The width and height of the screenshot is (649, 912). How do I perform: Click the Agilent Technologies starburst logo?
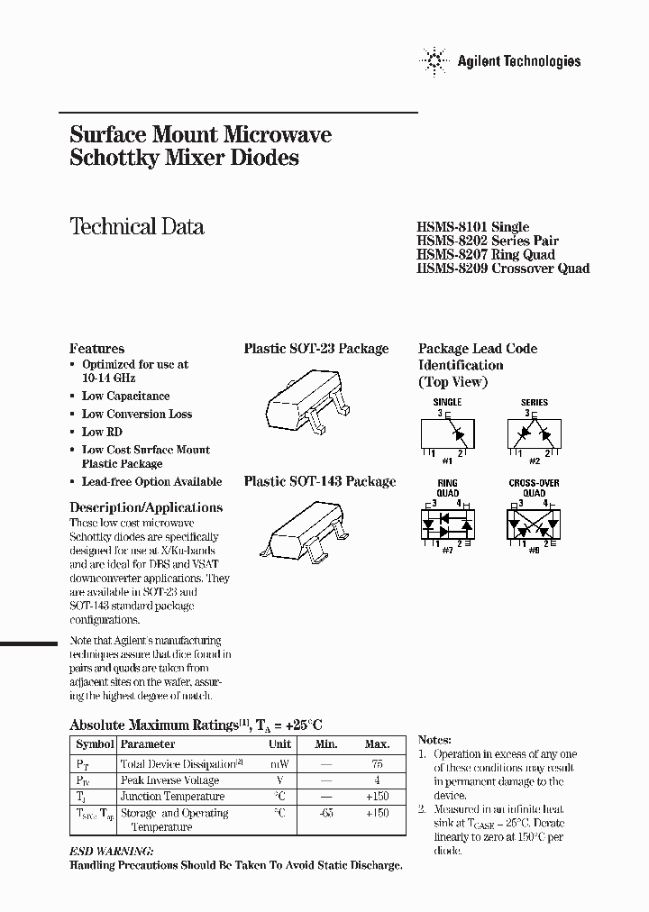click(433, 61)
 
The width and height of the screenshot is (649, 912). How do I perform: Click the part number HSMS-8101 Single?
click(472, 227)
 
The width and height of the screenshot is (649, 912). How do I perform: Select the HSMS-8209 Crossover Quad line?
click(503, 269)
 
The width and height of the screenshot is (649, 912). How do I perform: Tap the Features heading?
click(97, 349)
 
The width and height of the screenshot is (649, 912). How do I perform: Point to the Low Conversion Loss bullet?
click(136, 414)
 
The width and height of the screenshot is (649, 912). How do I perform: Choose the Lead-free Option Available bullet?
click(151, 482)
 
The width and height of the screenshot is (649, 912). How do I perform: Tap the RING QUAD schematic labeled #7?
click(447, 522)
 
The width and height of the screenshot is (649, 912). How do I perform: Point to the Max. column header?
click(377, 744)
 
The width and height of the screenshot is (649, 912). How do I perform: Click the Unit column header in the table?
click(279, 744)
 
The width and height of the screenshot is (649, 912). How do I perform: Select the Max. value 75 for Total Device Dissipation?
click(377, 762)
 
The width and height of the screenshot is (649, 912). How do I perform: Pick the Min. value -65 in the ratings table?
click(326, 813)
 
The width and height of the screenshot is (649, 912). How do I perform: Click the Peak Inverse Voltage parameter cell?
click(170, 780)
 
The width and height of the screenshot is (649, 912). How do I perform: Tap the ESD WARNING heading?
click(112, 851)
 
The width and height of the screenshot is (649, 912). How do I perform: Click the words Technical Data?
click(137, 227)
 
